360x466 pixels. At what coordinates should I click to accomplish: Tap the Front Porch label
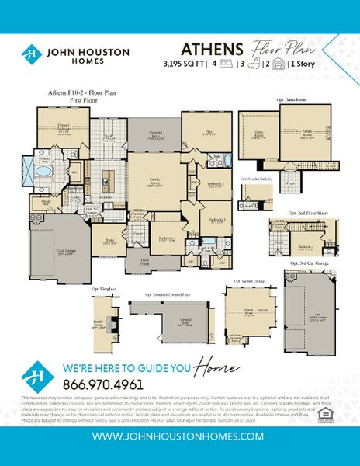144,263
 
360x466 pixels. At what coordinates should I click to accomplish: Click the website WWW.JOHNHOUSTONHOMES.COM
179,437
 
